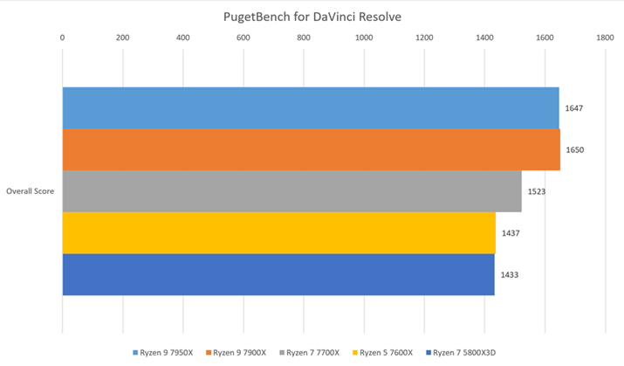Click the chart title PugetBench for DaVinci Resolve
[312, 17]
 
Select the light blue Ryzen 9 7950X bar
[310, 107]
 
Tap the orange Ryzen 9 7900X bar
[310, 149]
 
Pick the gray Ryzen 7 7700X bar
[291, 190]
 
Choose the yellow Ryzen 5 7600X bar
[278, 232]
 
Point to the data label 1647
[573, 108]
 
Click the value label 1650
[574, 150]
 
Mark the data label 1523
[537, 191]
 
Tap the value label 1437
[511, 233]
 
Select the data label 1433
[510, 275]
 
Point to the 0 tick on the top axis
[62, 38]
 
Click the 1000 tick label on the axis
[364, 38]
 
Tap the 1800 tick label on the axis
[605, 38]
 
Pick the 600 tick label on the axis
[243, 38]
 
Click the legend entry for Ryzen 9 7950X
[165, 354]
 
